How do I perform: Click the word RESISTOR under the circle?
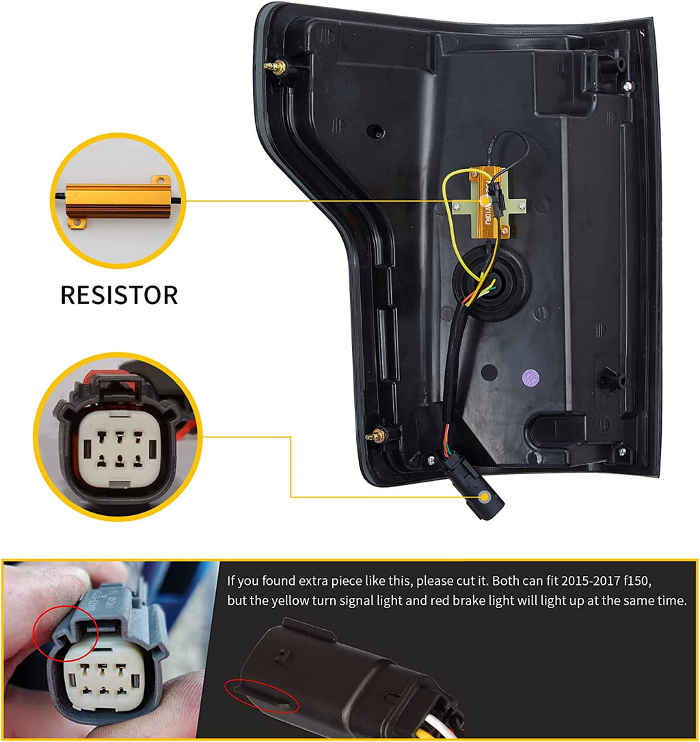119,294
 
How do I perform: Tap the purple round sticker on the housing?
529,375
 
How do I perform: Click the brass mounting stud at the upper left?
278,67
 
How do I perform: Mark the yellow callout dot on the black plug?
485,497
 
